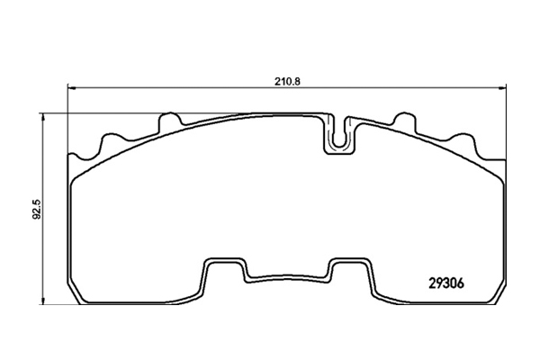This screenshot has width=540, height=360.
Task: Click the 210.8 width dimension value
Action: (x=287, y=82)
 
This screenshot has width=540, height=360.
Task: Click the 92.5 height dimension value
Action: (x=37, y=209)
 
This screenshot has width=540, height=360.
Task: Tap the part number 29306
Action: (x=446, y=283)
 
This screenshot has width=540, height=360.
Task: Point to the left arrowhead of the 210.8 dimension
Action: (x=71, y=88)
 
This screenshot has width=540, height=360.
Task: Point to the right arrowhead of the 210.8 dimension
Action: (x=502, y=88)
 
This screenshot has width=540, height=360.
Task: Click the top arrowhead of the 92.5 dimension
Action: (x=42, y=118)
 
